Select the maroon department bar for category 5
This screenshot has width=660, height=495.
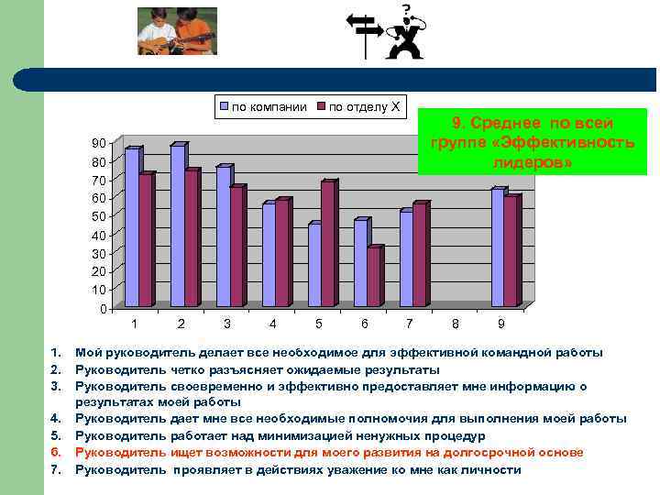328,244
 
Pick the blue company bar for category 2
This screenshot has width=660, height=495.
178,225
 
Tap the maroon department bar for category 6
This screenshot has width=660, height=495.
374,276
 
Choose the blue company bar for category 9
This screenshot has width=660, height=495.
498,247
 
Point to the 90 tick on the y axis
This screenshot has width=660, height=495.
97,144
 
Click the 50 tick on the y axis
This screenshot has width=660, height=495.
97,216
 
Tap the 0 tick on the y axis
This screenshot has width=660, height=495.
102,309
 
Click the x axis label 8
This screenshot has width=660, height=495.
456,324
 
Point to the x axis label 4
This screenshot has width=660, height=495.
272,324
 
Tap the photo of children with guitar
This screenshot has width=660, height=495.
177,31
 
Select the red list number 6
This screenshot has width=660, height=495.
55,452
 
